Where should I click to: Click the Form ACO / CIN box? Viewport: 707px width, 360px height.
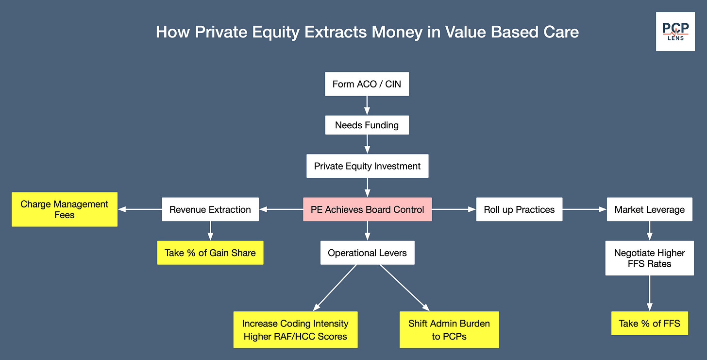pos(367,84)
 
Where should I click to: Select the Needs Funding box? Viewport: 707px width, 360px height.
pos(367,125)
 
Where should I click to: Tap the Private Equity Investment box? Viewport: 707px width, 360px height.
pos(367,166)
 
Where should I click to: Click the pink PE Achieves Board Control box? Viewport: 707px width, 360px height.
pos(367,209)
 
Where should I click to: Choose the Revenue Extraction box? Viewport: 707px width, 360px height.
pos(210,209)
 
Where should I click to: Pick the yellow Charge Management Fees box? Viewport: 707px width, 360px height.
pos(65,209)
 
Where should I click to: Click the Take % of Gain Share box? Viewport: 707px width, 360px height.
pos(210,253)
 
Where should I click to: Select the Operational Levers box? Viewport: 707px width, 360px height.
pos(367,253)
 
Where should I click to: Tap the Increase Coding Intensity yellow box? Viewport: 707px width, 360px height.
pos(295,330)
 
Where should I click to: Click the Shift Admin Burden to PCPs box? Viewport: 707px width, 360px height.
pos(449,330)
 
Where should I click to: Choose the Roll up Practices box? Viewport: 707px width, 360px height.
pos(519,209)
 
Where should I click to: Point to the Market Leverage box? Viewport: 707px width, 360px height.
pos(649,209)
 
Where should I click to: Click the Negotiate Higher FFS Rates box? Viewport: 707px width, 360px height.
pos(649,258)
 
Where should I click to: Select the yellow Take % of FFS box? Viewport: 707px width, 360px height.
pos(649,324)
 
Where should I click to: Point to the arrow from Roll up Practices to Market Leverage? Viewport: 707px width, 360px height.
pos(585,209)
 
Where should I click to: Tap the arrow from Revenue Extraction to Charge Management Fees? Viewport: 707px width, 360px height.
pos(140,209)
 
